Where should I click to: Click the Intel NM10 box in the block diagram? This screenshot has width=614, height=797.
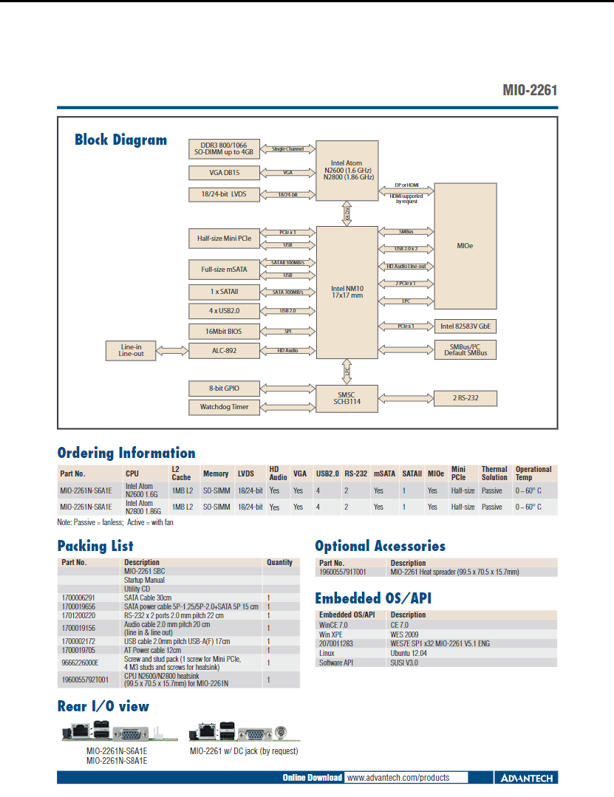coord(347,292)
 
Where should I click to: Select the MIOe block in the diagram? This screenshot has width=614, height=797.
coord(465,246)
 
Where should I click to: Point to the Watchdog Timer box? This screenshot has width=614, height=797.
coord(224,407)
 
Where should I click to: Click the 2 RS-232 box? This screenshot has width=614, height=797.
coord(465,398)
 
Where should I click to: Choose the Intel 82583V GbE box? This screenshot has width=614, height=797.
coord(465,325)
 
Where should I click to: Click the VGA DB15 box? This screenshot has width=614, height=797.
coord(224,173)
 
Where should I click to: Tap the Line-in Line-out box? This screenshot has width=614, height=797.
coord(131,350)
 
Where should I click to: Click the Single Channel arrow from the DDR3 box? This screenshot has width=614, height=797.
coord(287,149)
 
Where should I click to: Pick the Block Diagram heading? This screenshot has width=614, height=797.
coord(120,140)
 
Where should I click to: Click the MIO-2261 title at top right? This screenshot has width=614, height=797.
coord(530,90)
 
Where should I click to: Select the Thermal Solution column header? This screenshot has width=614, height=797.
coord(494,473)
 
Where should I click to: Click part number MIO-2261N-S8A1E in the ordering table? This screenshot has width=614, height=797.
coord(86,507)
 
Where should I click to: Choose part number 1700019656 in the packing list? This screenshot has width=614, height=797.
coord(78,606)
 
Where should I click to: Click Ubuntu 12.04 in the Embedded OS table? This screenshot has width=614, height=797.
coord(409,653)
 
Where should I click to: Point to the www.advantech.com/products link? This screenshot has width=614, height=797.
coord(398,778)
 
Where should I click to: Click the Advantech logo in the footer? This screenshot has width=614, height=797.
coord(527,778)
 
